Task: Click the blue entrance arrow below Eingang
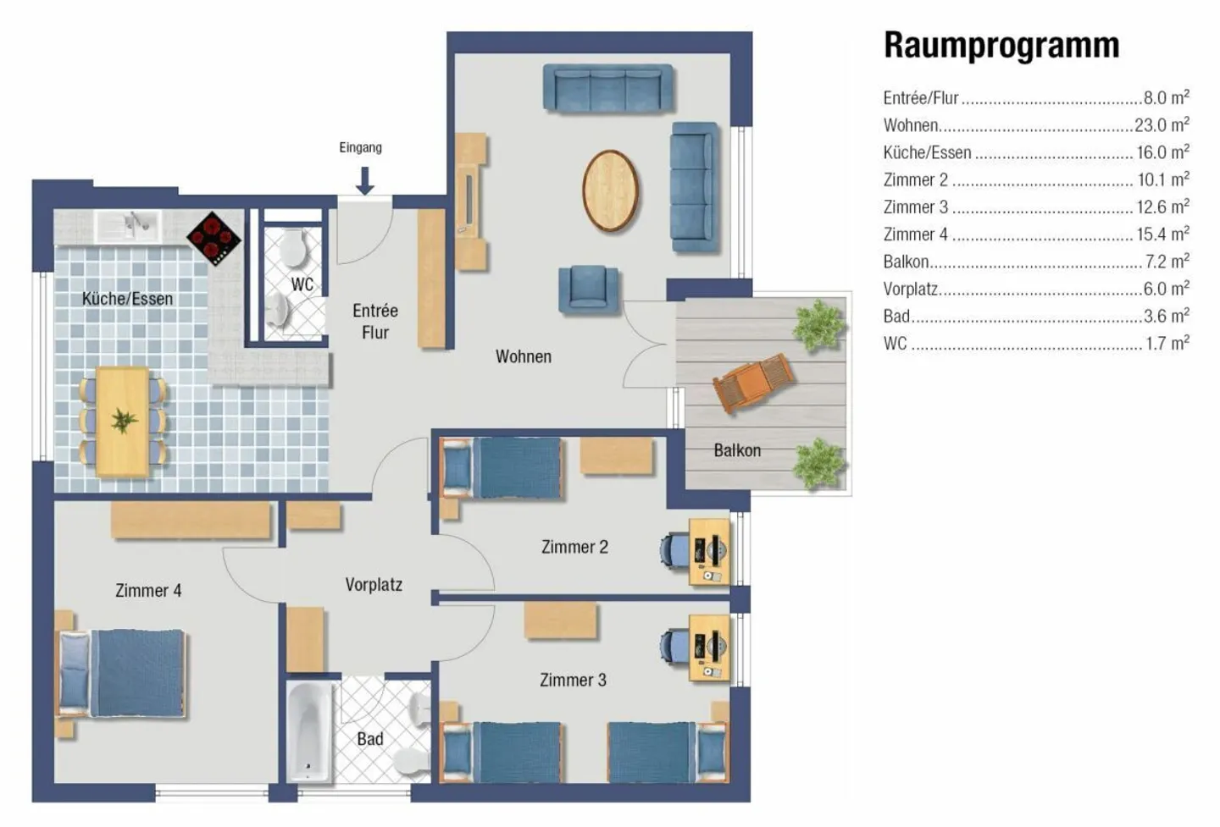[364, 180]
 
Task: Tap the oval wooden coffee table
[610, 191]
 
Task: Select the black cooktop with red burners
[214, 239]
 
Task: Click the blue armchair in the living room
[588, 289]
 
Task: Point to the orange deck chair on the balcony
[754, 382]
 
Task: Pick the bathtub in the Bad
[308, 732]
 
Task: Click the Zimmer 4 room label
[148, 590]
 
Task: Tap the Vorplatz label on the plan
[374, 584]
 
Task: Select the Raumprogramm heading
[1001, 45]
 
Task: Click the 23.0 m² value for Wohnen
[1162, 124]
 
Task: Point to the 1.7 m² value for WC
[1167, 343]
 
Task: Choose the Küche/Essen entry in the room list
[927, 152]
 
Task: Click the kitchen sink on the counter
[128, 225]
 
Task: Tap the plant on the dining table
[124, 421]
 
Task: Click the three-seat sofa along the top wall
[607, 89]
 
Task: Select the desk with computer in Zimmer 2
[709, 552]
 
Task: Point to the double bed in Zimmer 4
[121, 673]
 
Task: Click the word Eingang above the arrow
[361, 147]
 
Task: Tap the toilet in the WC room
[293, 247]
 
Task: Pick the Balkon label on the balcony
[737, 450]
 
